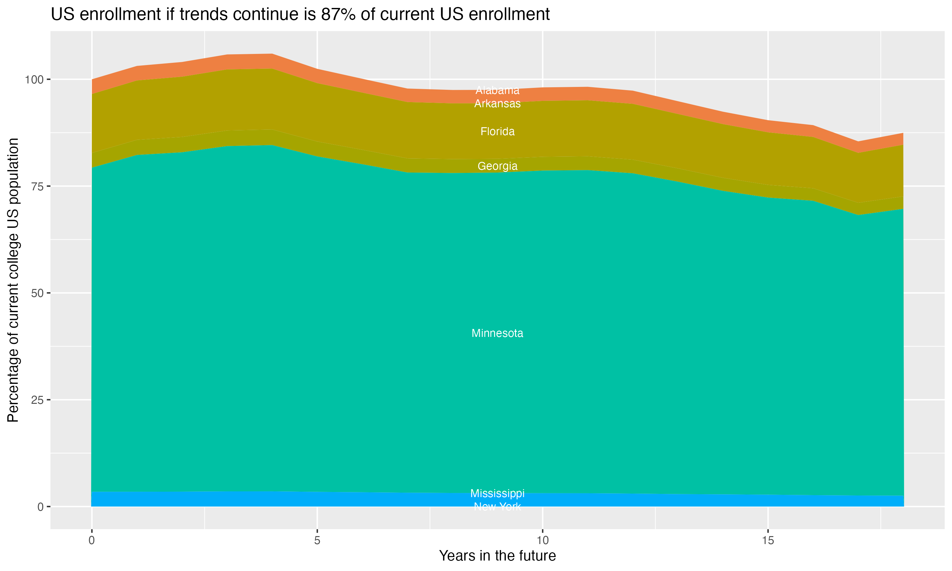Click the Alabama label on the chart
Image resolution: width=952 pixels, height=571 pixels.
pos(497,90)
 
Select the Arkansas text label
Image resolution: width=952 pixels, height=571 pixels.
pos(497,104)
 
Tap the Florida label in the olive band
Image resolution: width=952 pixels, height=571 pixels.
pos(497,132)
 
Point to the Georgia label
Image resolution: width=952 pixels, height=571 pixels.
pos(497,166)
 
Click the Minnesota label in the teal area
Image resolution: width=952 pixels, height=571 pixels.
pos(497,333)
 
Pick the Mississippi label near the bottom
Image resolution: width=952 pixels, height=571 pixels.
pos(497,493)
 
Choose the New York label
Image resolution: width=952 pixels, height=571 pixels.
pos(497,507)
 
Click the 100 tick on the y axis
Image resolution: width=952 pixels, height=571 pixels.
pos(33,80)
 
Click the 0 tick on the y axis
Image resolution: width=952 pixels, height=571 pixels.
pos(40,507)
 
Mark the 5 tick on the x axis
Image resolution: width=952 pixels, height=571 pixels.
pos(317,541)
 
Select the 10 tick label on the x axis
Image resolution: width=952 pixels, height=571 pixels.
pos(542,541)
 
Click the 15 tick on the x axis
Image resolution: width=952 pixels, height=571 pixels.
pos(768,541)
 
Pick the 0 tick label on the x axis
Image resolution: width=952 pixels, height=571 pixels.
pos(92,541)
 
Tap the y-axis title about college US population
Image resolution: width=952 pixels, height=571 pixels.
pos(13,280)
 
